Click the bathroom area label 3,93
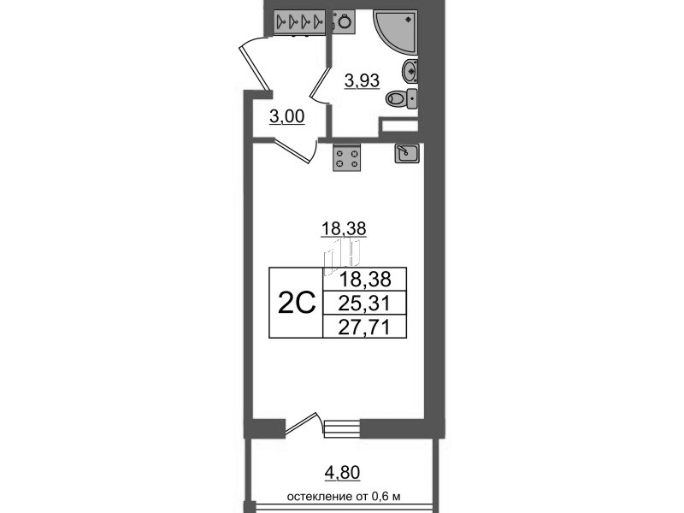[x=362, y=80]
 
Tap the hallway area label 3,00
[x=286, y=116]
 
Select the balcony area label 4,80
[x=343, y=473]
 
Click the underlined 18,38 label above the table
[x=344, y=228]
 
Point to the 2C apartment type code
[x=296, y=303]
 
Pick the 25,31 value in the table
[x=364, y=303]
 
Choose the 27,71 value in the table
[x=364, y=327]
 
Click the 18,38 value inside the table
[x=365, y=279]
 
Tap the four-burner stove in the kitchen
[x=347, y=157]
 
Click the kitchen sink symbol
[x=407, y=153]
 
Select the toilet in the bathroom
[x=401, y=99]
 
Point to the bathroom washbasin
[x=410, y=71]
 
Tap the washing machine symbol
[x=345, y=21]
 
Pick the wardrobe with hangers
[x=300, y=21]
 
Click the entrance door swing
[x=254, y=66]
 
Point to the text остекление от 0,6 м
[x=344, y=497]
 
